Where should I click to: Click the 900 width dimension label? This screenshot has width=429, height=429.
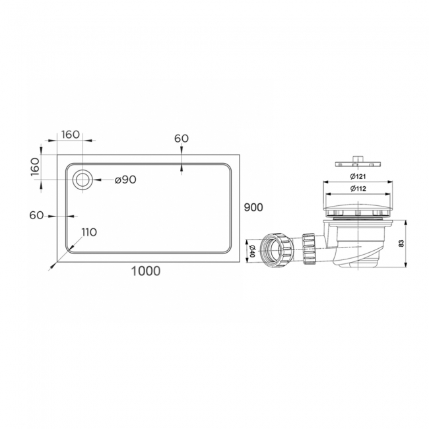[253, 207]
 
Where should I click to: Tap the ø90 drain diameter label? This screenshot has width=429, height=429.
[125, 180]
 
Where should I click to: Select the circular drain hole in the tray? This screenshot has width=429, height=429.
[84, 180]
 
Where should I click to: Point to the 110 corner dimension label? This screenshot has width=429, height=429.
[89, 232]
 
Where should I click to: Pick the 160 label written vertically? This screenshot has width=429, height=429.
[36, 167]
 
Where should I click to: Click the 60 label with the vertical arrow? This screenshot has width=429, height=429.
[181, 139]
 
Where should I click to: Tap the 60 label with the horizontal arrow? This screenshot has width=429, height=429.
[36, 215]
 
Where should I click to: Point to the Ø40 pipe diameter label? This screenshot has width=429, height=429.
[251, 251]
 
